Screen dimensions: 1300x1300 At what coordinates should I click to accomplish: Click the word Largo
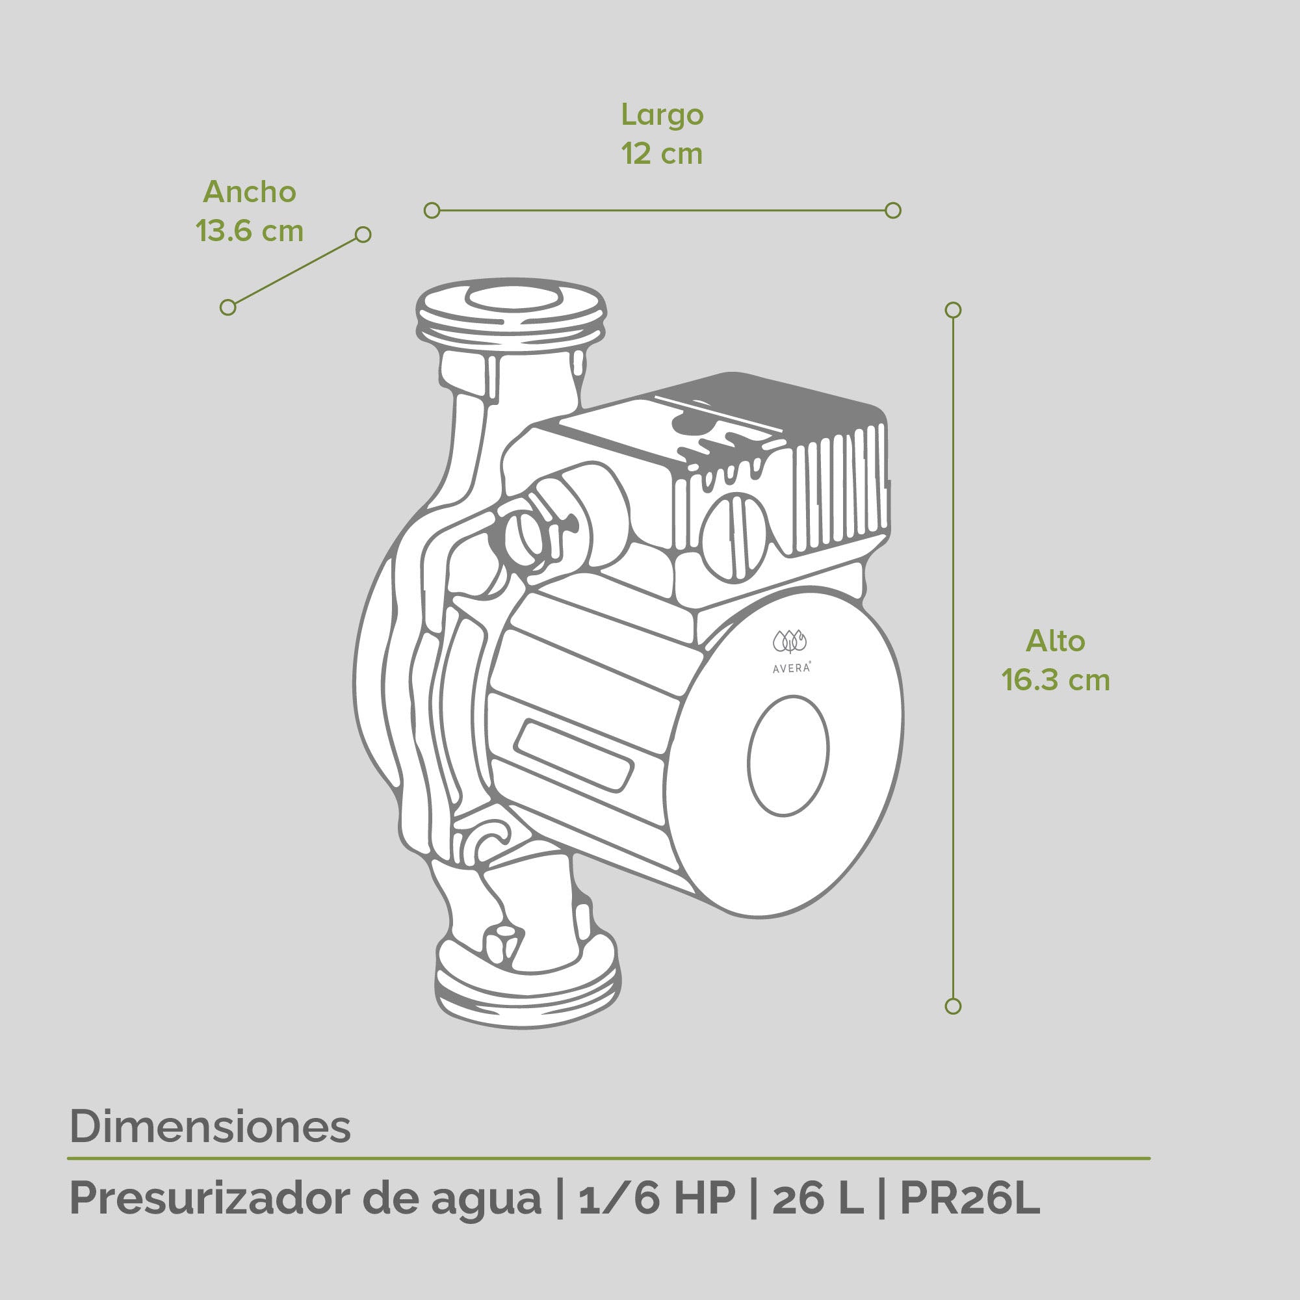[x=662, y=116]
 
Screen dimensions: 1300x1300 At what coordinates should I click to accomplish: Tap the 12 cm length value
[x=662, y=154]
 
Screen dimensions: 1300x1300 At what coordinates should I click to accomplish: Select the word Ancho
[x=250, y=192]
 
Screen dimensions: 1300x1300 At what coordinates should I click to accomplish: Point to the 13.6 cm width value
[x=250, y=231]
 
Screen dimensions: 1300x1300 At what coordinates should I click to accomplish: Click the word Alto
[x=1055, y=642]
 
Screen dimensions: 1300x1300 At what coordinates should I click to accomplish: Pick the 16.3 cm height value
[x=1055, y=681]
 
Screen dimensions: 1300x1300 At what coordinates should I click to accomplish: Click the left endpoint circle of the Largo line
[x=432, y=211]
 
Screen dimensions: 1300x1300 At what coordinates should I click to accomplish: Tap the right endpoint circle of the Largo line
[x=893, y=211]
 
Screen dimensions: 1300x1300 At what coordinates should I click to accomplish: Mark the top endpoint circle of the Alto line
[x=953, y=310]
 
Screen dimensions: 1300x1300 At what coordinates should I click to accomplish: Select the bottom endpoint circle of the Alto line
[x=953, y=1007]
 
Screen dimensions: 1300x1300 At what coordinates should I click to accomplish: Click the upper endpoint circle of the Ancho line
[x=363, y=234]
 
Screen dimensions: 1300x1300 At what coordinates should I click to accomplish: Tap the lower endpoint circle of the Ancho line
[x=228, y=307]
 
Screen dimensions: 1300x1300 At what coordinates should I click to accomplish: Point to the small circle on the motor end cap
[x=788, y=757]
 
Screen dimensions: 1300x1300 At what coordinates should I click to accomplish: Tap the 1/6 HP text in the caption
[x=656, y=1199]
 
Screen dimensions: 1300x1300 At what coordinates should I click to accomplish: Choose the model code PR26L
[x=970, y=1199]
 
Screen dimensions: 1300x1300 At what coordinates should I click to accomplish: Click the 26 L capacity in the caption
[x=818, y=1199]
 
